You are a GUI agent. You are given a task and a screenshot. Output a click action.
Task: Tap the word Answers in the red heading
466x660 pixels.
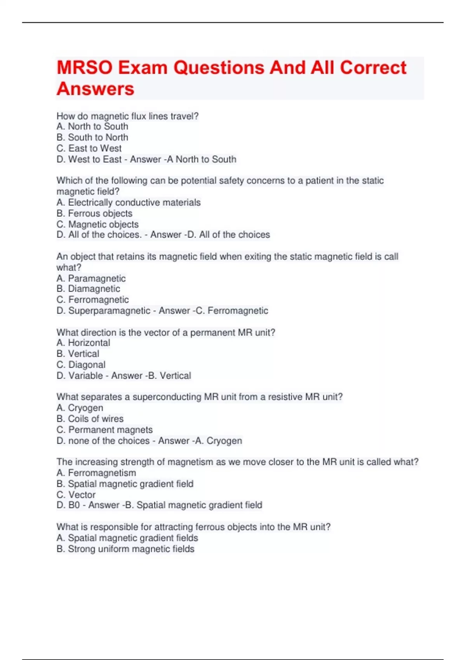coord(96,89)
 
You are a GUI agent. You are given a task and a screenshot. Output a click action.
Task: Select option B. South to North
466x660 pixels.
coord(92,137)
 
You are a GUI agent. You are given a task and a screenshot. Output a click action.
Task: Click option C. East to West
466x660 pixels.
coord(89,148)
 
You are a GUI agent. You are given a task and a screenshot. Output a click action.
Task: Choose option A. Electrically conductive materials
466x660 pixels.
coord(129,202)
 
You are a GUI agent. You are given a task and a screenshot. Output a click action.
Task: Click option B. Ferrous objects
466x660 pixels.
coord(94,213)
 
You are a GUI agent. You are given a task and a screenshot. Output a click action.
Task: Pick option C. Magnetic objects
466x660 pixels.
coord(97,224)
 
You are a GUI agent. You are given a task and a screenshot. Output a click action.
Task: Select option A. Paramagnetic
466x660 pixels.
coord(91,278)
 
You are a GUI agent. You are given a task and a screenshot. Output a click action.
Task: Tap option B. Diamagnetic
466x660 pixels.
coord(88,289)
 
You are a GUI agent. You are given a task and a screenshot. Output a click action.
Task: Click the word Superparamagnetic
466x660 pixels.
coord(109,311)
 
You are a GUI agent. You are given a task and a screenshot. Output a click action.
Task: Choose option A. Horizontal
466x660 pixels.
coord(83,343)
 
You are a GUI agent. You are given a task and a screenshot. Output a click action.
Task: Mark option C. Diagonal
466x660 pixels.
coord(81,365)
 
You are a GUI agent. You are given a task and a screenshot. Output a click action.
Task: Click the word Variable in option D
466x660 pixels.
coord(85,376)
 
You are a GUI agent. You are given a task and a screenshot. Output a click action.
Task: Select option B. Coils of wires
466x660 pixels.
coord(90,419)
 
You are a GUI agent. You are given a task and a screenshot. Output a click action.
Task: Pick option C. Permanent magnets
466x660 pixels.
coord(104,430)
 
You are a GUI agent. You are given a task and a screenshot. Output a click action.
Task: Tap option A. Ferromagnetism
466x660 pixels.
coord(96,473)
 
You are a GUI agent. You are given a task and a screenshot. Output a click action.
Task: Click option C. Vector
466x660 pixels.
coord(76,495)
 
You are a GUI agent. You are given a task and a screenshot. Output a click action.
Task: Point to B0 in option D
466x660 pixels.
coord(74,505)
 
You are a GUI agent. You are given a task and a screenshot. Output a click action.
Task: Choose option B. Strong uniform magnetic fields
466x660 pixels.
coord(125,549)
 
